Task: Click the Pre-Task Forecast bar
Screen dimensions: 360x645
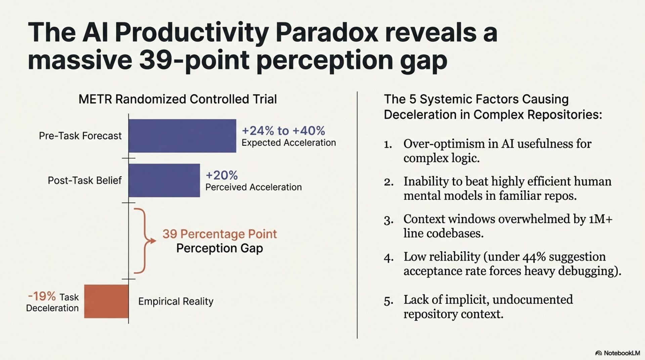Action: point(182,136)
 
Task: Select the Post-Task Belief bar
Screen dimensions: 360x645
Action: point(164,180)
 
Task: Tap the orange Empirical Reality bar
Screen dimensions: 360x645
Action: point(106,301)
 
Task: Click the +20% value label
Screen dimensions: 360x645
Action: point(222,175)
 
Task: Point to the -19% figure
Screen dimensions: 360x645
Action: point(42,296)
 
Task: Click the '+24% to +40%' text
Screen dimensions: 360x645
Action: point(283,131)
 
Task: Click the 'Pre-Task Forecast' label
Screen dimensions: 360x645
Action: point(80,136)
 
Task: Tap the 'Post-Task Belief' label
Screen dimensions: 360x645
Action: point(84,180)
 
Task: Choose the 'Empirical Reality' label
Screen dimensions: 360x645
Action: point(176,301)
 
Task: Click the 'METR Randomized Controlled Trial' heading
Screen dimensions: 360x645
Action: point(177,99)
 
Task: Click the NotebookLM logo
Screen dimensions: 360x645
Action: point(617,353)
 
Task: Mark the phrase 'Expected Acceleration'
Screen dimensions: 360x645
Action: point(289,143)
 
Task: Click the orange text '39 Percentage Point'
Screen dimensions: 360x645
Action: point(220,234)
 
